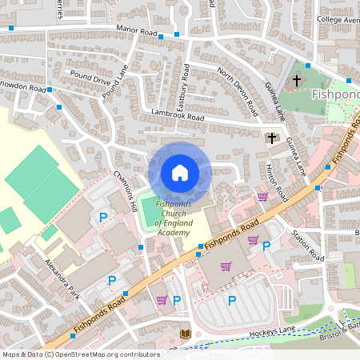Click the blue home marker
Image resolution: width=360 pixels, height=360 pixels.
pos(180,173)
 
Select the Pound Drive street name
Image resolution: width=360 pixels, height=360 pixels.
pos(90,80)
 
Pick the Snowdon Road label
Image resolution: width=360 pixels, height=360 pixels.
pos(22,86)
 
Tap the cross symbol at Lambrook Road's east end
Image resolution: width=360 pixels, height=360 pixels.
pos(271,138)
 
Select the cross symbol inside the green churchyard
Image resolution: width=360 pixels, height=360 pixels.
pos(297,80)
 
